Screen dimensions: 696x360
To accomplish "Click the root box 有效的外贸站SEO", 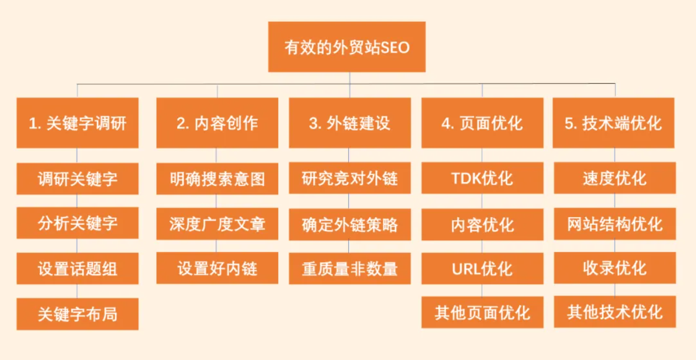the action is point(347,47).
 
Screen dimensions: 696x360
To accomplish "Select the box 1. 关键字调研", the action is point(77,123).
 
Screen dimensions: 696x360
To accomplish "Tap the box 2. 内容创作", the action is point(217,123).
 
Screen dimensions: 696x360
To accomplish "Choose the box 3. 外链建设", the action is point(350,123).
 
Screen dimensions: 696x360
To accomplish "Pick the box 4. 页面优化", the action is point(482,123).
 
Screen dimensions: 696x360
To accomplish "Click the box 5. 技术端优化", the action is point(614,123).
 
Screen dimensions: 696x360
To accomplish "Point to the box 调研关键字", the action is point(77,179).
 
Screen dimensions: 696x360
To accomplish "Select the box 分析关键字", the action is point(77,223).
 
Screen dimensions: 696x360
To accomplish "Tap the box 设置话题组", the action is point(77,268).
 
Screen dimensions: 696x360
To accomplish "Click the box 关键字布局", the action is point(77,314).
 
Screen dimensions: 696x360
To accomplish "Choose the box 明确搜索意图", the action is point(217,179).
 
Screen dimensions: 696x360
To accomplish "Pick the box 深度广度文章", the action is point(217,224).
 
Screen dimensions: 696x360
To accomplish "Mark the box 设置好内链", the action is point(217,268).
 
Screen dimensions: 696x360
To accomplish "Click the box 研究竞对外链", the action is point(350,178).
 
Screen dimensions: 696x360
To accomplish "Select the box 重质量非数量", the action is point(350,268).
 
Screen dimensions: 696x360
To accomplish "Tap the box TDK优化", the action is point(482,178).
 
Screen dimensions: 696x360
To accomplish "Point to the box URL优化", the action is point(482,268).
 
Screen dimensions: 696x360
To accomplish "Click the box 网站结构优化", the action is point(615,224).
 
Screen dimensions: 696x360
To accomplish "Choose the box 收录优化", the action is point(615,268).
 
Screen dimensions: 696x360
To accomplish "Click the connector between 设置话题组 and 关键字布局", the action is point(77,291).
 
